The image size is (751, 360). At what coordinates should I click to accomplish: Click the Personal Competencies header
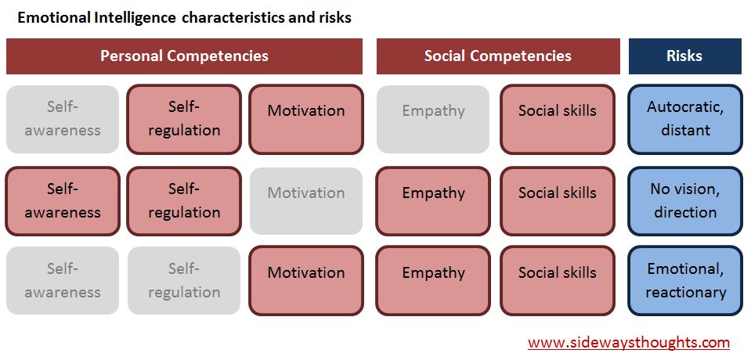coord(184,56)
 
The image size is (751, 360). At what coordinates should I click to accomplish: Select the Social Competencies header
coord(497,56)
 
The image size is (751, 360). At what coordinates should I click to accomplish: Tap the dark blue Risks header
coord(684,56)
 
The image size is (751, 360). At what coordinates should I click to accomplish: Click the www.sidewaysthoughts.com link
coord(628,343)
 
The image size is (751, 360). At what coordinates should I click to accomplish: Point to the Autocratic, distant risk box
coord(684,119)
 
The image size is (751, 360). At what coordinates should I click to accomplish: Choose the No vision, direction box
coord(684,202)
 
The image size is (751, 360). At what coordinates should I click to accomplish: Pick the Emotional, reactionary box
coord(684,281)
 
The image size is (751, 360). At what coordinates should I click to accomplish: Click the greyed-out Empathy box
coord(433,119)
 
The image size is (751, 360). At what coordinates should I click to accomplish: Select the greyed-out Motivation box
coord(305,201)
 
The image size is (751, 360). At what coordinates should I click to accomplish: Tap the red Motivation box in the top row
coord(305,119)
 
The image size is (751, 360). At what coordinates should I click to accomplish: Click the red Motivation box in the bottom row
coord(305,281)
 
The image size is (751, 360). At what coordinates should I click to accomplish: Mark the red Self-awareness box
coord(63,201)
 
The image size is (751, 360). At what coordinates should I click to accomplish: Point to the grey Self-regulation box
coord(184,281)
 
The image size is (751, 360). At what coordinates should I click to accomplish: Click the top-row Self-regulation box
coord(184,119)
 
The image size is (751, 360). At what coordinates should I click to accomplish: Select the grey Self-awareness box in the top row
coord(63,119)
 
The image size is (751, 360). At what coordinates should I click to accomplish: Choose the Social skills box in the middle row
coord(557,201)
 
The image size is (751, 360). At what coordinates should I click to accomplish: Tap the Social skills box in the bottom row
coord(557,281)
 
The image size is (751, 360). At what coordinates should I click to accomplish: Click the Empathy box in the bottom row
coord(433,281)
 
